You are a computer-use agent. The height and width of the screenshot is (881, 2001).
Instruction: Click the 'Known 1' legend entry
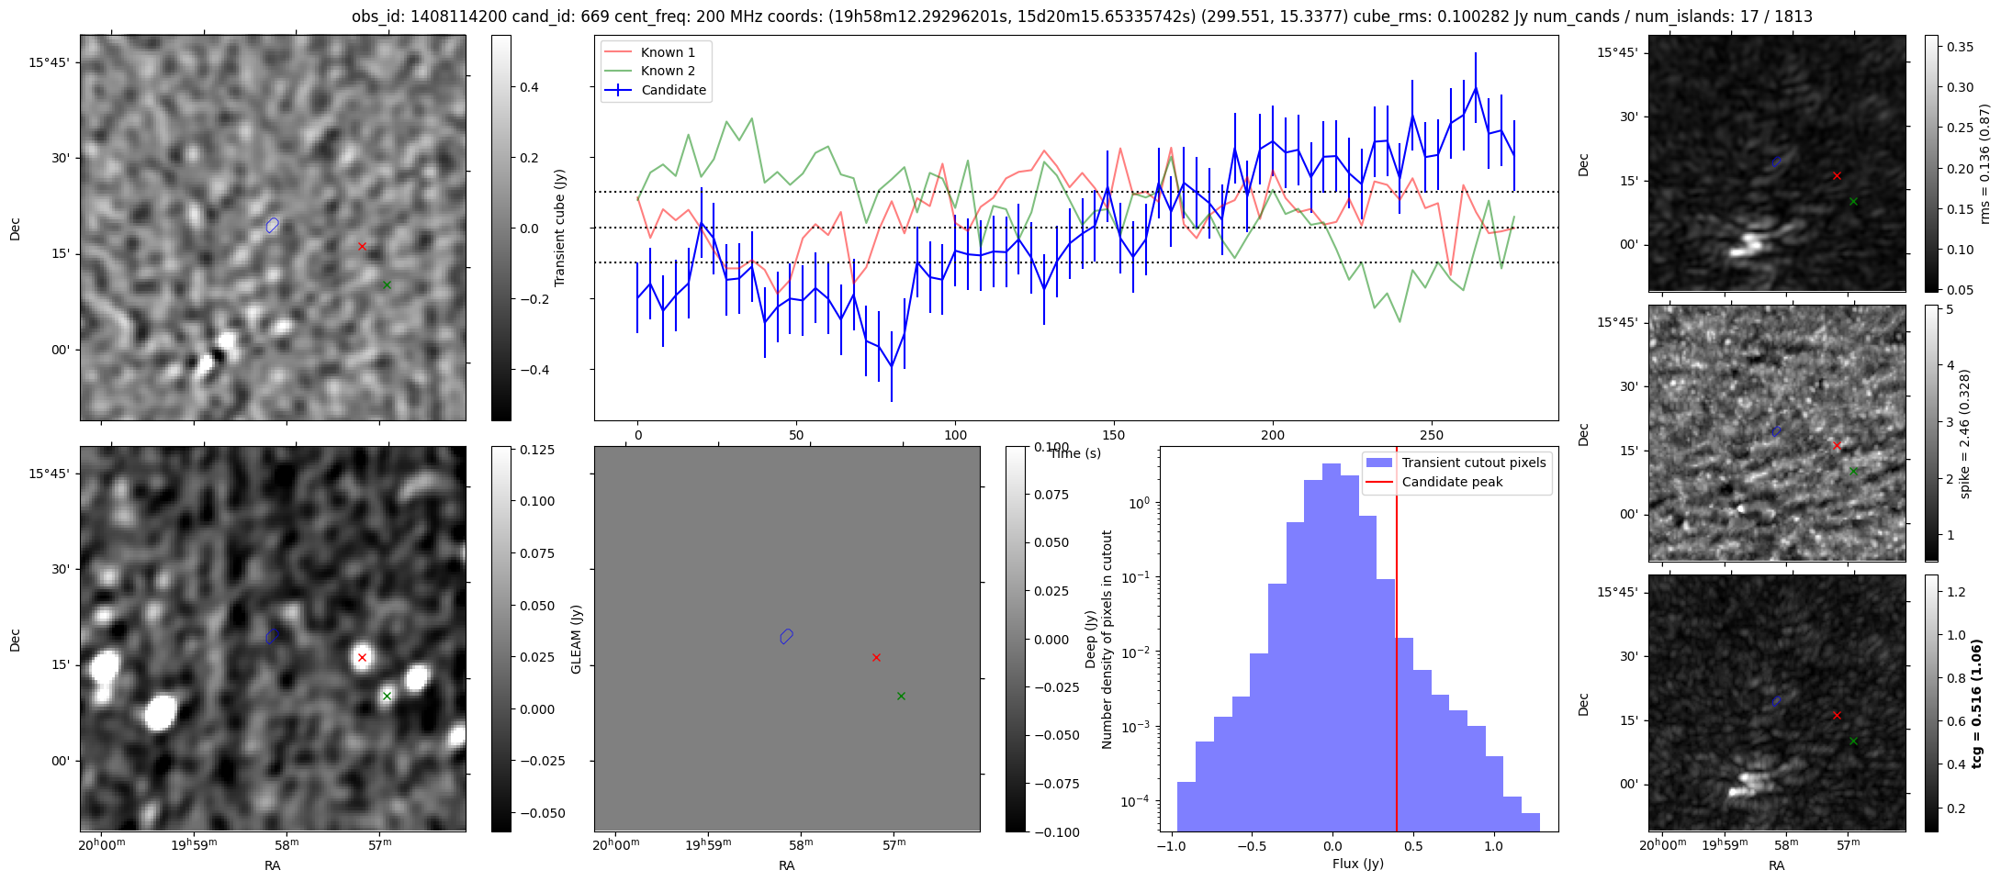[668, 52]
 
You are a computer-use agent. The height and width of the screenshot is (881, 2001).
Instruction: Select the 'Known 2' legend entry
[668, 71]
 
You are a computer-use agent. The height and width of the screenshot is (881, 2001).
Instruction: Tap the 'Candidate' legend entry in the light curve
[673, 90]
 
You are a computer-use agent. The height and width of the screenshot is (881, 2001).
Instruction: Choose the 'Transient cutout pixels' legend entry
[1473, 463]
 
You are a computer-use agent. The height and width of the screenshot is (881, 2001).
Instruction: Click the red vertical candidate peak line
[1397, 642]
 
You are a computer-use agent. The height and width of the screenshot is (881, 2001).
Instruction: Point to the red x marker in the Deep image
[362, 657]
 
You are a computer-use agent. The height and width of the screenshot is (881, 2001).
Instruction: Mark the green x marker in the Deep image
[387, 696]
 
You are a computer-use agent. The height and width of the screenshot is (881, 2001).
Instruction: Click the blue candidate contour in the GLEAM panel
[786, 636]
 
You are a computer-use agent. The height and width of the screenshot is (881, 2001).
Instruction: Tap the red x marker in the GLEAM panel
[876, 657]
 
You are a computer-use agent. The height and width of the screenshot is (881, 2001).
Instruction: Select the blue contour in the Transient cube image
[272, 225]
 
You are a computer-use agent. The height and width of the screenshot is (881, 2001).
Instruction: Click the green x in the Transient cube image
[387, 284]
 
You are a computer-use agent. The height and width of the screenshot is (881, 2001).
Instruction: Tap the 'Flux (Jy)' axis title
[1358, 864]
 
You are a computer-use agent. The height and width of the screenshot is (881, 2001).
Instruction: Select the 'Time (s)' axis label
[1074, 453]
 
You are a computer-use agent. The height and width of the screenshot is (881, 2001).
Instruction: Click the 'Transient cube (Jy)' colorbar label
[559, 228]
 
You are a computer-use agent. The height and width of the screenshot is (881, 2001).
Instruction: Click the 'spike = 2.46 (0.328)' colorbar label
[1964, 433]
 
